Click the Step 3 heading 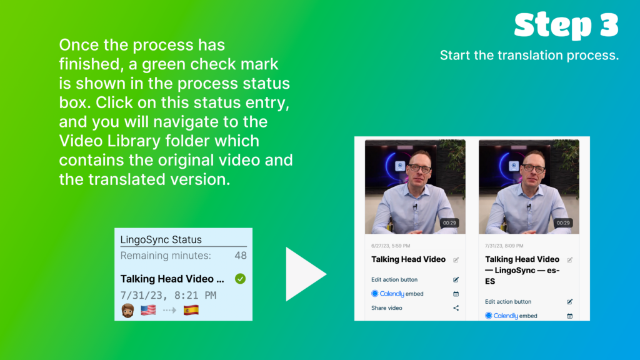click(566, 25)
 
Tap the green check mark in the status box click(241, 279)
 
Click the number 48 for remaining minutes click(241, 256)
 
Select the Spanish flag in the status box click(191, 310)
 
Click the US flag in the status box click(148, 310)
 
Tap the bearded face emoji click(127, 311)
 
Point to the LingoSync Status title click(161, 239)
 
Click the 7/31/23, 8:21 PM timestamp click(168, 295)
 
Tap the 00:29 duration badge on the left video click(449, 223)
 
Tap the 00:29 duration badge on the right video click(563, 223)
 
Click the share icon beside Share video click(456, 308)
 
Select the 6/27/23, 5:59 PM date click(391, 246)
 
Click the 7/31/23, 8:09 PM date click(504, 246)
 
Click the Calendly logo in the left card click(387, 294)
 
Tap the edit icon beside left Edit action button click(456, 279)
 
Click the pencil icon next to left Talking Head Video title click(456, 259)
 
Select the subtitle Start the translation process click(529, 55)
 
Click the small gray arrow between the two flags click(169, 311)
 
